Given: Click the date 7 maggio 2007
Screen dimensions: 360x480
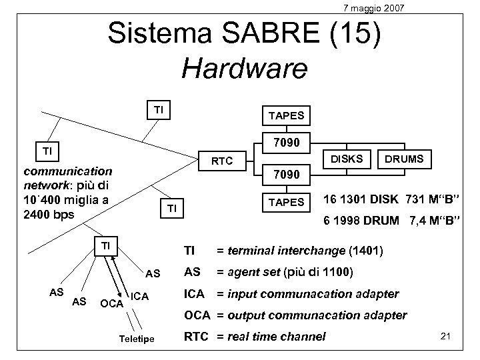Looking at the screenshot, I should click(373, 8).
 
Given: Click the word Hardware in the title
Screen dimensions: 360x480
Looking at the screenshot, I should click(245, 67).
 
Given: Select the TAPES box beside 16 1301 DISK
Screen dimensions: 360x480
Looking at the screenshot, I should click(286, 202).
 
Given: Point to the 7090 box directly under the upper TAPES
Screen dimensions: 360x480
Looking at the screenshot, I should click(287, 142).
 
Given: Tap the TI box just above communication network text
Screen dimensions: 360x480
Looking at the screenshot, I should click(48, 151).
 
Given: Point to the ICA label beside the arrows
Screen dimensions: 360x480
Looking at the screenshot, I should click(139, 295).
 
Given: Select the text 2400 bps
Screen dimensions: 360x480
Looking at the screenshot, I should click(48, 215).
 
